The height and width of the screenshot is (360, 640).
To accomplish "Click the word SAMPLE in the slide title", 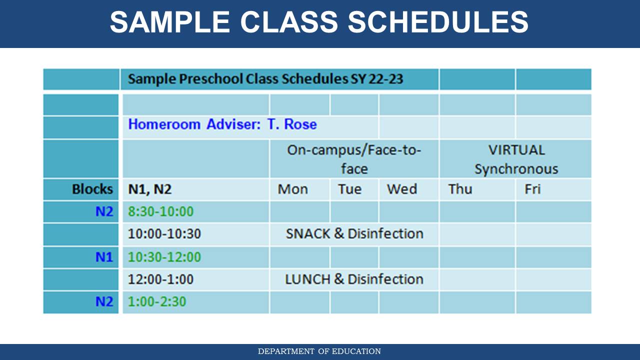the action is click(x=169, y=22).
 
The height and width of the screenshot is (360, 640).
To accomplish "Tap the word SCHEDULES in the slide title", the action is click(x=438, y=22).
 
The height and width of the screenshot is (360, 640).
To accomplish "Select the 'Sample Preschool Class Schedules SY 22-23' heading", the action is click(x=265, y=79).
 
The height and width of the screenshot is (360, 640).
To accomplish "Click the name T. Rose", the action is click(x=292, y=124).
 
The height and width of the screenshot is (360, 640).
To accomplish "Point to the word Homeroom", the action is click(x=164, y=124).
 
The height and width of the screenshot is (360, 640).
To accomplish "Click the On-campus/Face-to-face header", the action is click(x=354, y=159).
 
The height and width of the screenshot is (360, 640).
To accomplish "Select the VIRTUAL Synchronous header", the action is click(x=516, y=159).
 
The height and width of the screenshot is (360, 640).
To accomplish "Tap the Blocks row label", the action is click(x=92, y=189).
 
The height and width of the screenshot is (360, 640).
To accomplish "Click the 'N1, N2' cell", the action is click(x=150, y=189).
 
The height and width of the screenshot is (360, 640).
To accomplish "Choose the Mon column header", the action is click(x=293, y=189).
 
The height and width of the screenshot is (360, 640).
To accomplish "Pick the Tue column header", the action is click(x=349, y=189).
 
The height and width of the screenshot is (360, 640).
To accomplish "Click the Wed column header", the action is click(x=401, y=189).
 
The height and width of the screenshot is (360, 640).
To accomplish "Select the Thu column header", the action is click(x=460, y=189).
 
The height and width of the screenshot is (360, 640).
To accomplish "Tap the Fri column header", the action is click(x=532, y=189).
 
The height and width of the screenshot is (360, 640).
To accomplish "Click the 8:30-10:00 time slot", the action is click(x=161, y=211).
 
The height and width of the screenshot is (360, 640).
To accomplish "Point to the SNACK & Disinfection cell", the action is click(x=354, y=233).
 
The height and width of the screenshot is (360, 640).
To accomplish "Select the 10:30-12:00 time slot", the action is click(x=164, y=257).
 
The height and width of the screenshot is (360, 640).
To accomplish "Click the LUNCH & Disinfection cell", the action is click(x=354, y=279).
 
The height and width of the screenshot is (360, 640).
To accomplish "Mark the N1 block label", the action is click(x=104, y=257).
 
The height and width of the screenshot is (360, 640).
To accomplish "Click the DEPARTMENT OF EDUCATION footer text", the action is click(x=319, y=351).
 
